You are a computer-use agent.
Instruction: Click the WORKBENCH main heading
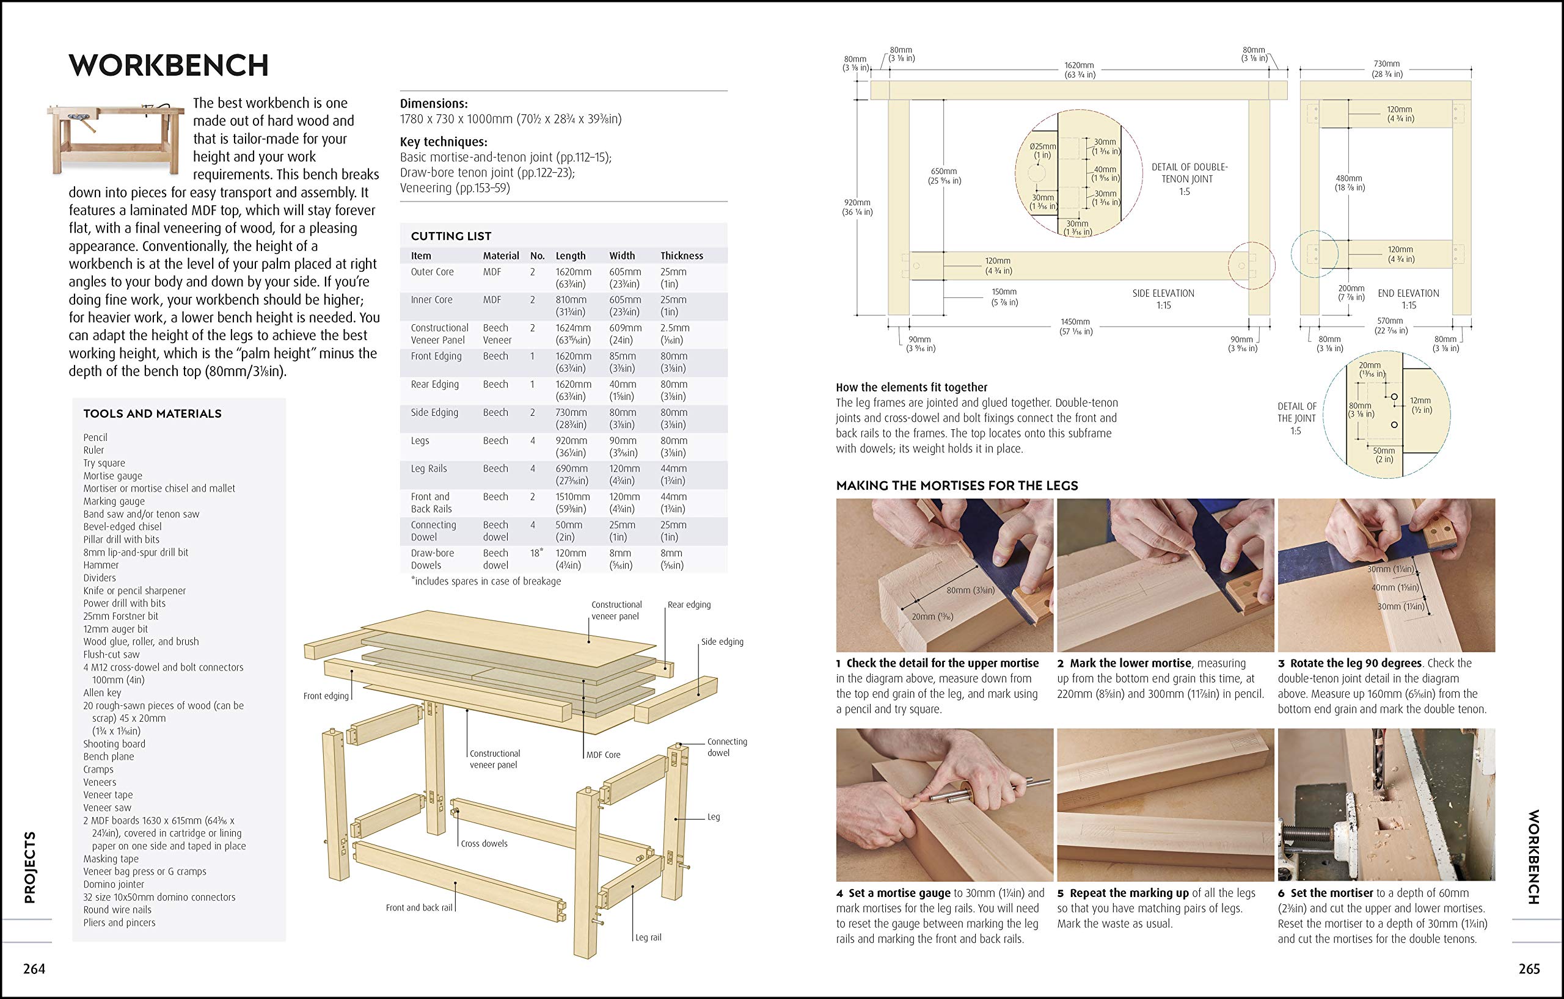pos(169,65)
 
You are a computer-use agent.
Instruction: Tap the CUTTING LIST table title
pos(451,236)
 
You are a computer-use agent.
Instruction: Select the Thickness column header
pos(681,256)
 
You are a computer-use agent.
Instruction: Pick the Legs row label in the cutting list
pos(420,441)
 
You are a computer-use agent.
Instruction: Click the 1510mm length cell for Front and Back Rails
pos(572,496)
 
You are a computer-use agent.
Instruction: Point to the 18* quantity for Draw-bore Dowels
pos(536,553)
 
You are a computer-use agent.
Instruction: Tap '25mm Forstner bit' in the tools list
pos(120,616)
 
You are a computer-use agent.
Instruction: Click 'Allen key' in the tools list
pos(102,692)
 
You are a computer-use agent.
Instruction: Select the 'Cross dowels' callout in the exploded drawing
pos(484,843)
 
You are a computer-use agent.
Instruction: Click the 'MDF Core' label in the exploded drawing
pos(603,754)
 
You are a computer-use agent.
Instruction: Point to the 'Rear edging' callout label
pos(689,605)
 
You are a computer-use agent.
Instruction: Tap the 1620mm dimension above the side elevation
pos(1079,65)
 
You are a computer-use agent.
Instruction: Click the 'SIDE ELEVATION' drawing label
pos(1163,293)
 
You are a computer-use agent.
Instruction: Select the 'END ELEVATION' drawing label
pos(1408,293)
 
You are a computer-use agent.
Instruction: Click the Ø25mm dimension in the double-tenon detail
pos(1042,147)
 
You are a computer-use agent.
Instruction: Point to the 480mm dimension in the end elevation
pos(1348,178)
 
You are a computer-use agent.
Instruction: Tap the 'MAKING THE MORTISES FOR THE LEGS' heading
pos(957,485)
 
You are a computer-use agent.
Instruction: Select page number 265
pos(1529,969)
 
